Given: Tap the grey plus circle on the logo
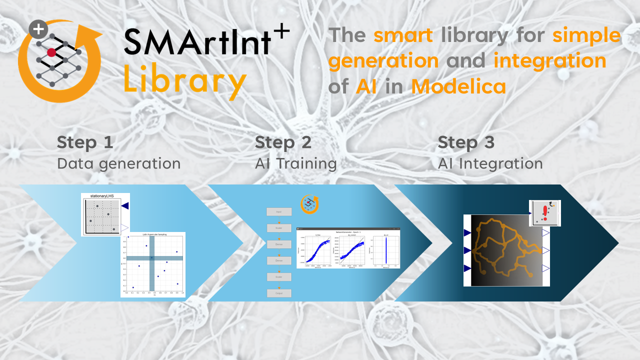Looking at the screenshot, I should [x=38, y=30].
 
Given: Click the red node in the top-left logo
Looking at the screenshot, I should [x=51, y=52].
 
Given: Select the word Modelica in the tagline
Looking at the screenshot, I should [x=458, y=86].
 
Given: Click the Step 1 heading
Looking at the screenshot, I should [x=85, y=142].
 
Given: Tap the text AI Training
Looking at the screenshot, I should [x=295, y=163].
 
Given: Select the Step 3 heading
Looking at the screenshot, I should [x=466, y=142].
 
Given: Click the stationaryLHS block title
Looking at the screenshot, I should [x=105, y=196].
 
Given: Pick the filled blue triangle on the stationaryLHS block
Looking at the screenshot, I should [x=125, y=205].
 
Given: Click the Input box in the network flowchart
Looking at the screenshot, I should [x=279, y=212].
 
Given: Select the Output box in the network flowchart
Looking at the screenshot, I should [x=279, y=293].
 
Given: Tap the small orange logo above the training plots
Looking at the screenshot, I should [x=309, y=204].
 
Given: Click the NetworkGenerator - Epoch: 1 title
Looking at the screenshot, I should [x=348, y=232].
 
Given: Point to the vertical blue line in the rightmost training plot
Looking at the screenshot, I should [x=386, y=249].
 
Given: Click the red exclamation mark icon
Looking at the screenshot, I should [x=545, y=213].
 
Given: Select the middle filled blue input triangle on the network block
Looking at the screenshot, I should [x=467, y=250].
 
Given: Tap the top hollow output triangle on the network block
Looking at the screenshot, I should [x=546, y=233].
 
